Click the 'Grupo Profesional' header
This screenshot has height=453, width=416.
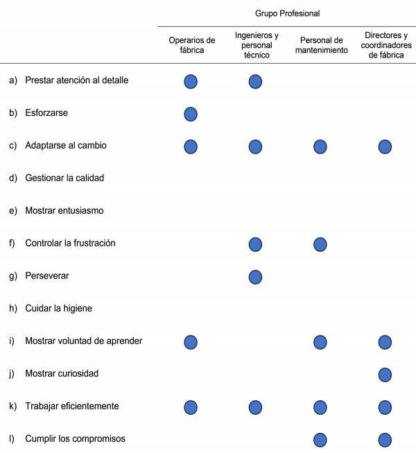(287, 13)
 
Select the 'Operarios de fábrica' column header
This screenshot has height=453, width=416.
(192, 45)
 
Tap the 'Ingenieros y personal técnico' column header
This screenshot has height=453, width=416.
(257, 45)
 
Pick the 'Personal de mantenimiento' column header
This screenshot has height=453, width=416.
(320, 45)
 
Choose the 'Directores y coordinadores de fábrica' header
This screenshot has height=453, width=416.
(385, 45)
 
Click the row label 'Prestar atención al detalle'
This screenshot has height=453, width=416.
(76, 80)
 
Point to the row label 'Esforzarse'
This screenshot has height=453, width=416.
(46, 113)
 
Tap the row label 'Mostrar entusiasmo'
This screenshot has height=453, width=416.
(64, 211)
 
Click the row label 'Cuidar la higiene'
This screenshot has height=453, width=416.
(58, 309)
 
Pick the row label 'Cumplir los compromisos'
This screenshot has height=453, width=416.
(75, 439)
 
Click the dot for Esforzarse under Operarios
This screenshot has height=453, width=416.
(191, 114)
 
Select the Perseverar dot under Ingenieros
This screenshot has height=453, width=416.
(255, 277)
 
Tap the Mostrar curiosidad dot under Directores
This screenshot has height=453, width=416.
(385, 375)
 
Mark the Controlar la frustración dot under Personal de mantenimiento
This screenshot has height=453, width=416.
(320, 244)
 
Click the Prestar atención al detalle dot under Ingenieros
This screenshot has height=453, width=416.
(255, 81)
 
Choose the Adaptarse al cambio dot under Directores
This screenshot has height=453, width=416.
(385, 146)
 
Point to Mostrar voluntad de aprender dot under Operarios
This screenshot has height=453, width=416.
(191, 342)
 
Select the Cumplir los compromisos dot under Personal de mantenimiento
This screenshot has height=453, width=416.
(320, 440)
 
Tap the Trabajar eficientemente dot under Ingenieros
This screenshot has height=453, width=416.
(255, 407)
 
